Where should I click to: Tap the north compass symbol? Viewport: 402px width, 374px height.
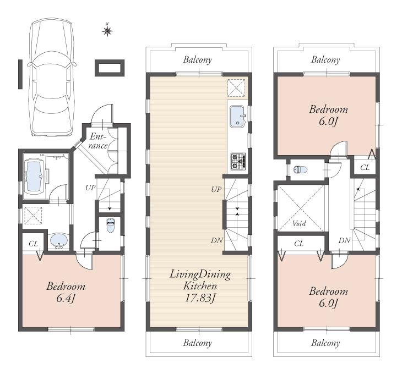pos(108,30)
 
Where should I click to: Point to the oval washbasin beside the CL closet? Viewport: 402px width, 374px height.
pos(58,240)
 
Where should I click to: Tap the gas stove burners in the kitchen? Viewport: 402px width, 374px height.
pos(238,161)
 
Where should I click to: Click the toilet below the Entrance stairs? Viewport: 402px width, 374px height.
pos(110,226)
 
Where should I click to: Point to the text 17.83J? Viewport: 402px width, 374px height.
pos(199,298)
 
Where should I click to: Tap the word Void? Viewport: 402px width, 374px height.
pos(299,224)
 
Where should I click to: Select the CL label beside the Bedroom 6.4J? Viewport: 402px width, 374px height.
pos(32,243)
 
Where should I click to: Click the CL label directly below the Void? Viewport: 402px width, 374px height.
pos(299,243)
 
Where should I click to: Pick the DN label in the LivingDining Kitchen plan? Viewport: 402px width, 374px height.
pos(216,240)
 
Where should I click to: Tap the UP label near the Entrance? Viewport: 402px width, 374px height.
pos(89,188)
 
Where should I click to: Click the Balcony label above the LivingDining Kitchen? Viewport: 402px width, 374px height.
pos(198,60)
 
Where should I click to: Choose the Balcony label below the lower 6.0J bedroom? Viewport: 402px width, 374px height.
pos(325,343)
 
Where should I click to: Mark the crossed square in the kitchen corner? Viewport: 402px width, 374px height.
pos(237,87)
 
